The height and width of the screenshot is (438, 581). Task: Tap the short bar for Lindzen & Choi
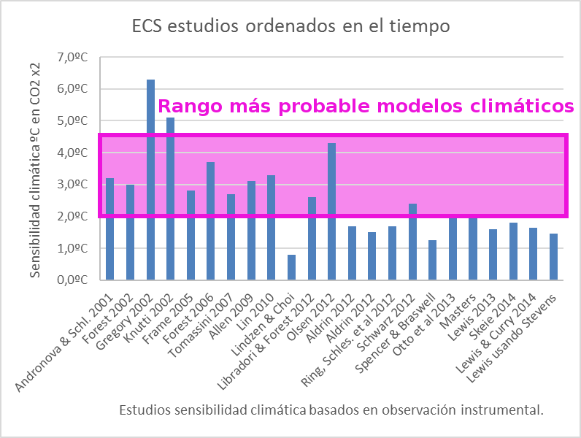(x=291, y=266)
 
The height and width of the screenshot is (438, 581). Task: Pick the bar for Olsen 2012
(x=332, y=211)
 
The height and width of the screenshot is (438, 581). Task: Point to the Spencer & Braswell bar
(x=433, y=259)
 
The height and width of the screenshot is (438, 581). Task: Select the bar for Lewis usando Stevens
(x=554, y=256)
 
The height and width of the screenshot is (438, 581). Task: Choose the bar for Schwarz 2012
(x=412, y=241)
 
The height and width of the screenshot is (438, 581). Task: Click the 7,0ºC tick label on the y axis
(x=72, y=58)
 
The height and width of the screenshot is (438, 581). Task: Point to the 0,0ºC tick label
(x=72, y=280)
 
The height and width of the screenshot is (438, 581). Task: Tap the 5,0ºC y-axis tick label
(x=72, y=121)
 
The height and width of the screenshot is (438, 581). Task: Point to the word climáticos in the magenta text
(x=520, y=107)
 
